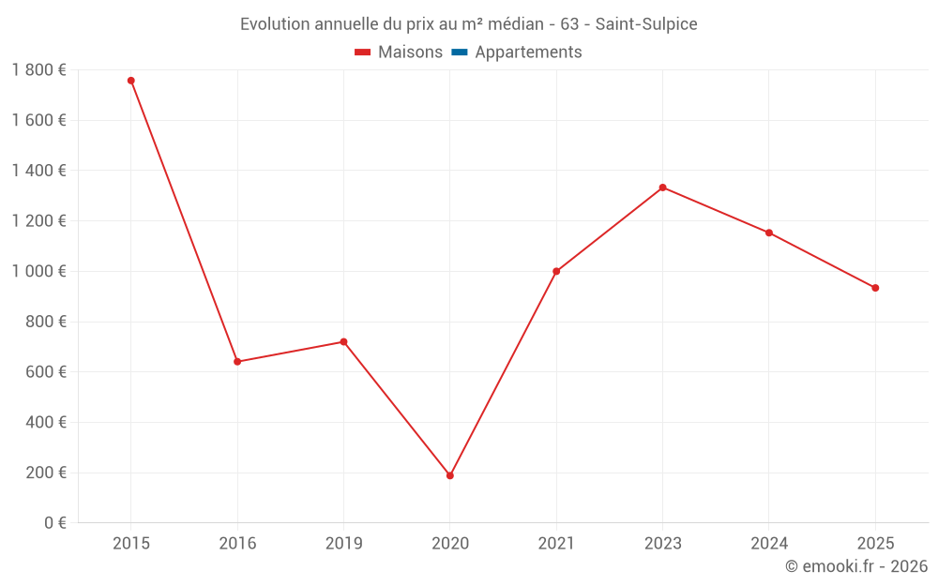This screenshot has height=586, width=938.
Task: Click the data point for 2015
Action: (131, 81)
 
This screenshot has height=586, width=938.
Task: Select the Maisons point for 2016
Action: (237, 362)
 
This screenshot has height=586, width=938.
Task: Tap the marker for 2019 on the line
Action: (343, 342)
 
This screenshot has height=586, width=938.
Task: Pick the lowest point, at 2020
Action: (450, 475)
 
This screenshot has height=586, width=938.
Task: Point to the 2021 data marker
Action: (556, 271)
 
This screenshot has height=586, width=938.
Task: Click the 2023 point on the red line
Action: (662, 188)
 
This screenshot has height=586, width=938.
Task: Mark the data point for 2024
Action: (769, 233)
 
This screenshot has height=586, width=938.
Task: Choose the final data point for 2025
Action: (875, 288)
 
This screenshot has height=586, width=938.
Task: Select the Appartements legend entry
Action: (528, 53)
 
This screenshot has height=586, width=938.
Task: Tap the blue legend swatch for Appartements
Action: (459, 53)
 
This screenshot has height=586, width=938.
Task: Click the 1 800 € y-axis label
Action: (39, 70)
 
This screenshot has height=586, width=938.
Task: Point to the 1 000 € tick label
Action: (39, 271)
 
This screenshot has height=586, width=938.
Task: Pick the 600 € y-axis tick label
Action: (45, 372)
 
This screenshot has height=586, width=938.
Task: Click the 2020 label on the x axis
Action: (450, 543)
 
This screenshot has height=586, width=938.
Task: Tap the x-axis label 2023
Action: (662, 543)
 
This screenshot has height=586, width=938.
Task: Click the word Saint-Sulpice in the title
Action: (646, 24)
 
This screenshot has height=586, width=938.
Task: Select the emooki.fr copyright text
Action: (856, 566)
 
